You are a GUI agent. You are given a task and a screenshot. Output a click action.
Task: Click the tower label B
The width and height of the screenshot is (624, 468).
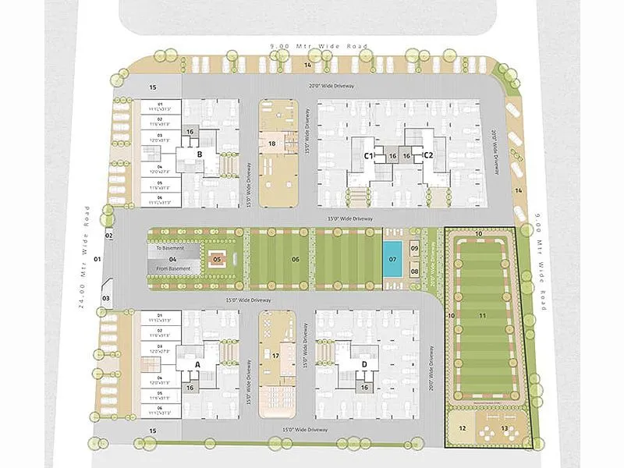coord(200,154)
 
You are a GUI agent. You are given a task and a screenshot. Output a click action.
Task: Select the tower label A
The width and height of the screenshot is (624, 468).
coord(197,364)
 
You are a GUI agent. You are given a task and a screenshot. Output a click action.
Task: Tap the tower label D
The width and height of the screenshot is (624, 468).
coord(364,364)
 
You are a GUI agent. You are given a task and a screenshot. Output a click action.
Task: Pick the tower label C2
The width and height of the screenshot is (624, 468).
coord(427,156)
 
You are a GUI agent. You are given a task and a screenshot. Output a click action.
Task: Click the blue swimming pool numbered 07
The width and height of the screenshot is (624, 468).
coord(392,258)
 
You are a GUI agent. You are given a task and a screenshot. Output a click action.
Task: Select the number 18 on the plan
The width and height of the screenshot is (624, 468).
coord(272,144)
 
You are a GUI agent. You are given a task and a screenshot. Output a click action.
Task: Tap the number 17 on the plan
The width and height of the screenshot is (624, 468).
coord(275,355)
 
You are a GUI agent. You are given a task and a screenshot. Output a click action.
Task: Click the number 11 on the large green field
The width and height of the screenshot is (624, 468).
coord(482,315)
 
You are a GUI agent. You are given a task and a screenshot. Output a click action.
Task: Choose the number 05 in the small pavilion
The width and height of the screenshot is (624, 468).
coord(218,258)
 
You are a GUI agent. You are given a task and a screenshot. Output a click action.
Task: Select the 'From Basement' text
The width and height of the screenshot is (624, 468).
coord(172,268)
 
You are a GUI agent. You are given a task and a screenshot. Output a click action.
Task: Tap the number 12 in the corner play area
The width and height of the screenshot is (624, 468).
coord(462,428)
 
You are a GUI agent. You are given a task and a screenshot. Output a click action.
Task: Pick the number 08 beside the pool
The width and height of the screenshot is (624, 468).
coord(415,271)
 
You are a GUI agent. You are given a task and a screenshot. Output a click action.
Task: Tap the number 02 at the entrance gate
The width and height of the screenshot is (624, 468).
coord(109,235)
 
